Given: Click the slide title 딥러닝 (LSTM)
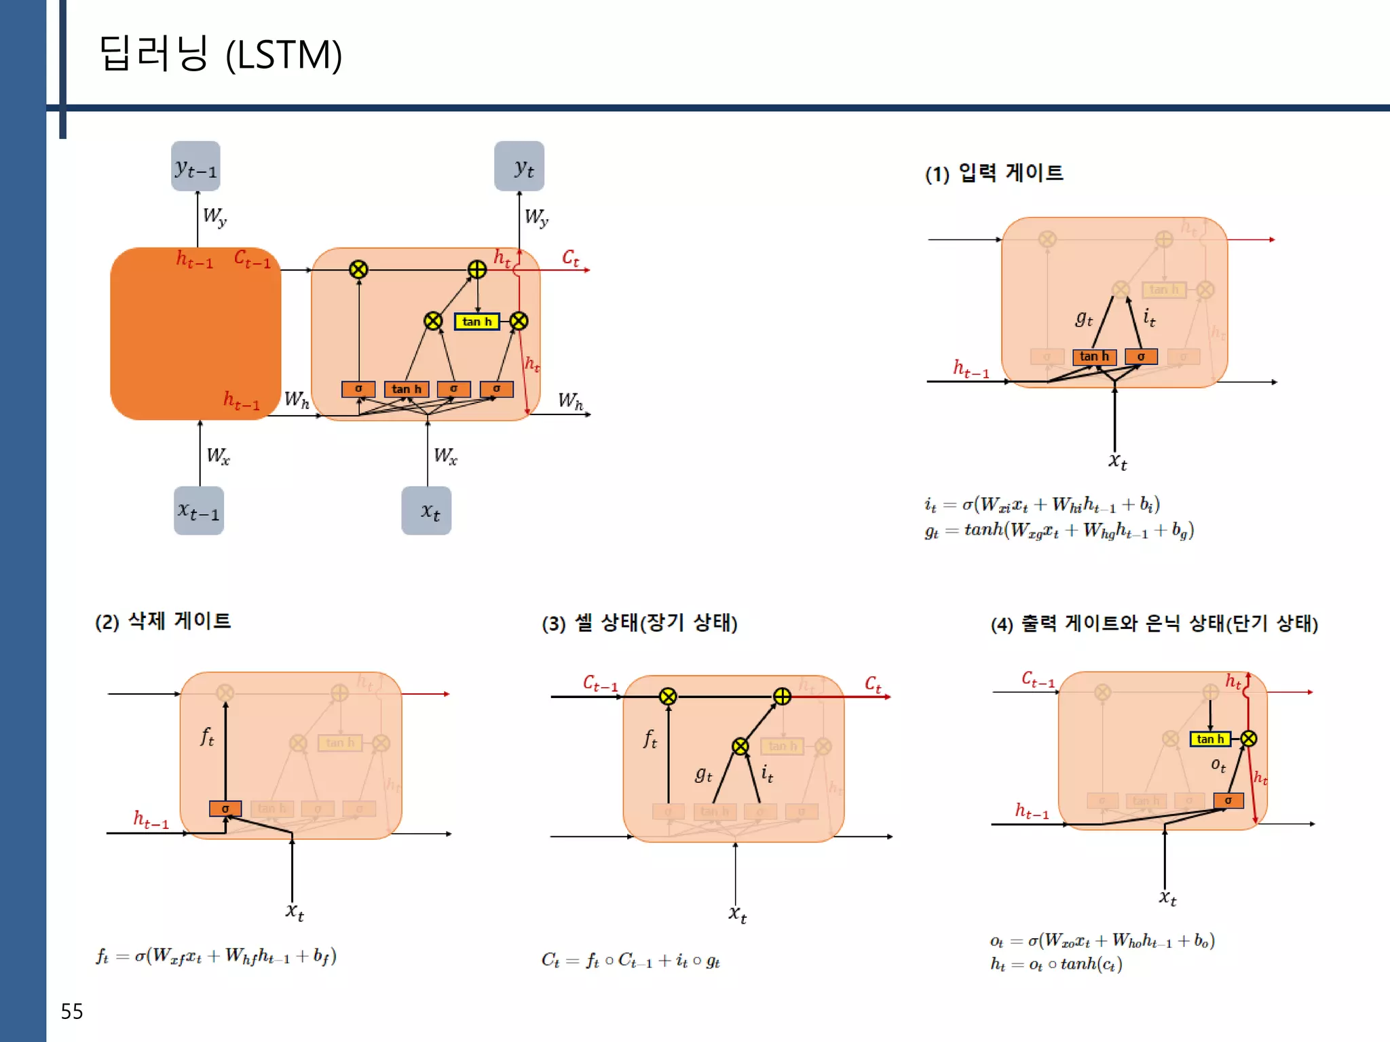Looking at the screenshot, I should click(x=221, y=54).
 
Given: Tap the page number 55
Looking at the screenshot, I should click(x=71, y=1011).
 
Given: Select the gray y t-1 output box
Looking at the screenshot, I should click(x=195, y=166).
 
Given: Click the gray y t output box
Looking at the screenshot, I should click(x=519, y=166).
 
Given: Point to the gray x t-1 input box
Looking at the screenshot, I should click(x=198, y=511).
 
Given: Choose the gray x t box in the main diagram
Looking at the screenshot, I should click(x=426, y=511).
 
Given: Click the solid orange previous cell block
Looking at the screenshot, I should click(x=195, y=334).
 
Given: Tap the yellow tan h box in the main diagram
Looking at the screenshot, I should click(x=476, y=322).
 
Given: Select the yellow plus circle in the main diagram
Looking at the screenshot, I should click(x=477, y=269).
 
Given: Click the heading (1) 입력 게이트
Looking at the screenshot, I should click(x=994, y=173).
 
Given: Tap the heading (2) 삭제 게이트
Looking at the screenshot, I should click(x=163, y=621).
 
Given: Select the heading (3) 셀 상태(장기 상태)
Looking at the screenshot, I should click(x=639, y=623).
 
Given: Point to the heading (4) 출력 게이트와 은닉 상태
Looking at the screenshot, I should click(x=1154, y=623).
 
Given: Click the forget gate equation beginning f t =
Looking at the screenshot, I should click(x=216, y=957).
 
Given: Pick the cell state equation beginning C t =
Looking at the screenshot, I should click(x=631, y=961).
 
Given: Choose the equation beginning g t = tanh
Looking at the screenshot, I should click(x=1059, y=530).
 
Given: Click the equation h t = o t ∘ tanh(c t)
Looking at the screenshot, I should click(x=1056, y=964).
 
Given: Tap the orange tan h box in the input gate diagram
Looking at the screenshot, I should click(x=1094, y=357).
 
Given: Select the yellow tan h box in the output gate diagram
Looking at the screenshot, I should click(x=1210, y=739).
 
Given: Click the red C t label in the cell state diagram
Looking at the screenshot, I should click(x=873, y=684).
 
